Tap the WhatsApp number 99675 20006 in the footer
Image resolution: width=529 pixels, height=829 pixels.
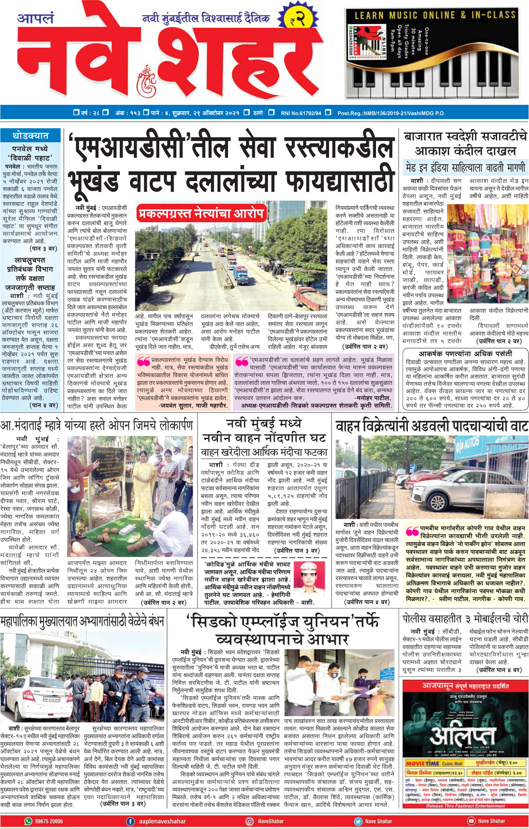click(49, 821)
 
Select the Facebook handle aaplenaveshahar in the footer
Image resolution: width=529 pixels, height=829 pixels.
click(162, 821)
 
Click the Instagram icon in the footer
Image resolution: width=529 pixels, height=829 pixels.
click(249, 821)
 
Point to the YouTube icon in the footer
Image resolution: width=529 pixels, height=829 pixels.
click(471, 821)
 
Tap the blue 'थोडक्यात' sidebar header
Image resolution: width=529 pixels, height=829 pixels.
click(31, 135)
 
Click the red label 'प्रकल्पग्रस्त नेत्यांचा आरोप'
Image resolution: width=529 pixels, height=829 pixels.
click(201, 213)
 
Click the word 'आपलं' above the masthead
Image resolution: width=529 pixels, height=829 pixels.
click(36, 18)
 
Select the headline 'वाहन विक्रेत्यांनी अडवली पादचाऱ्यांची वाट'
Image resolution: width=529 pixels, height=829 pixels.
click(431, 426)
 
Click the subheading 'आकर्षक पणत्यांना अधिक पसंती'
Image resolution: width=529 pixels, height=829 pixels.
click(465, 353)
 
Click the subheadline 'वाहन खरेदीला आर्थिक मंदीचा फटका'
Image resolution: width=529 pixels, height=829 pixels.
click(264, 452)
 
